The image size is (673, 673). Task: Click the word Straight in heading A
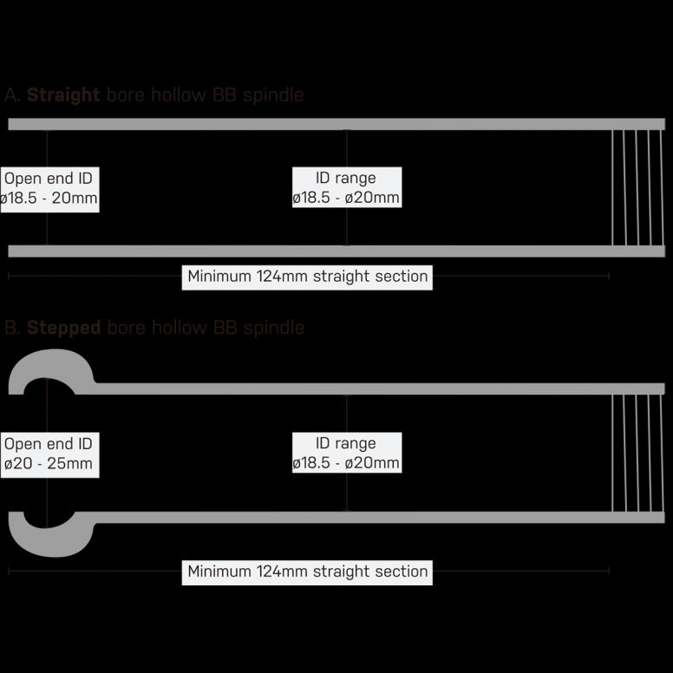(63, 95)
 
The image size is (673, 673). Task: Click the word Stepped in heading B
(63, 328)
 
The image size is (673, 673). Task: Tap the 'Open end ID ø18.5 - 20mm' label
(49, 188)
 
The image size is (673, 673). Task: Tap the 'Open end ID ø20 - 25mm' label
(49, 454)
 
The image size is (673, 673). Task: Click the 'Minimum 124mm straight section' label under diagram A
(307, 277)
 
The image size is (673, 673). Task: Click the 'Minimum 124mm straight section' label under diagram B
(307, 572)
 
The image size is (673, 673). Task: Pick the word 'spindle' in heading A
(275, 95)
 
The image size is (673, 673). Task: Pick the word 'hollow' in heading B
(180, 328)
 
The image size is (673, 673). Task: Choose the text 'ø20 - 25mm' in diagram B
(49, 464)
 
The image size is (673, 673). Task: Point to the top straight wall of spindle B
(373, 389)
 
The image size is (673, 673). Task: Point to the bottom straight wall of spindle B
(373, 518)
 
